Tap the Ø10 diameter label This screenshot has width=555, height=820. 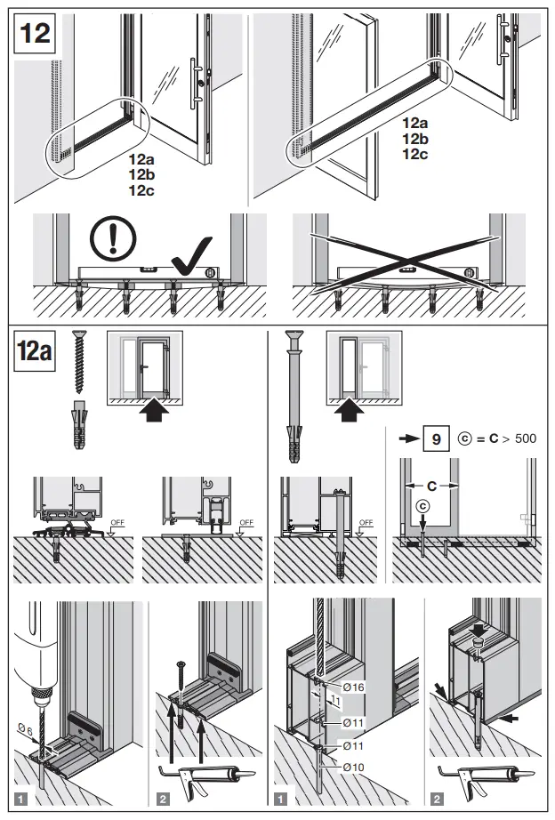click(x=353, y=767)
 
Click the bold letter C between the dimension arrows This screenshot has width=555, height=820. click(x=431, y=487)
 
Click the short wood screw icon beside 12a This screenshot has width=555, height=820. click(x=76, y=362)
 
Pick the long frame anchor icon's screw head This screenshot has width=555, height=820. click(x=294, y=339)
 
